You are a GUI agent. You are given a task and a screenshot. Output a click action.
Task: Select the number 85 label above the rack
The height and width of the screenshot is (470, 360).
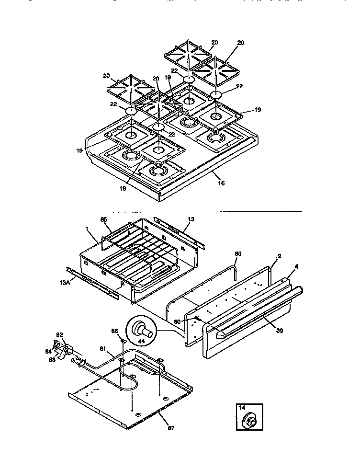coord(104,221)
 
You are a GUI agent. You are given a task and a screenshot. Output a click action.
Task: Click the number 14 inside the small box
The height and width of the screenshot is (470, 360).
coord(242,408)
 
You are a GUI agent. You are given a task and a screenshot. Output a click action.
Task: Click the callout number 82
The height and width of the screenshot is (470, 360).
coord(59,335)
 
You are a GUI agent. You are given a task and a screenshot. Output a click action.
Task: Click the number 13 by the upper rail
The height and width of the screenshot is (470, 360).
coord(191,219)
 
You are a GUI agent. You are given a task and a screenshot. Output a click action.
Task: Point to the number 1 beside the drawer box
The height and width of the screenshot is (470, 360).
coord(88,229)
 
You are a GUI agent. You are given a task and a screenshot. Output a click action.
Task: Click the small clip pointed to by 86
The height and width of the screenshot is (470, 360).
coord(123,341)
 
